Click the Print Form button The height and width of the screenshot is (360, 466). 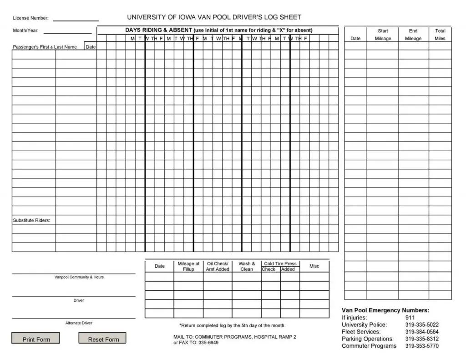[x=36, y=339]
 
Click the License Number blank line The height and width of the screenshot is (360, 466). [x=76, y=20]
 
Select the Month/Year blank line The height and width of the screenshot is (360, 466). [x=67, y=32]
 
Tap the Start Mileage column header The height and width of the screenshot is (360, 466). [x=383, y=35]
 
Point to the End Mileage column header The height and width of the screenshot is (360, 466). [x=413, y=35]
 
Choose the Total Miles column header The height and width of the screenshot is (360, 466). [x=440, y=35]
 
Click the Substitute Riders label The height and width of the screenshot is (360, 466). [x=31, y=220]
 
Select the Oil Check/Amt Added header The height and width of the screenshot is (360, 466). [x=218, y=266]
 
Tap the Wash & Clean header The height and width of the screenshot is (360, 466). [x=247, y=266]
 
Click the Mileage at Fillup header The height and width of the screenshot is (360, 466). [x=188, y=266]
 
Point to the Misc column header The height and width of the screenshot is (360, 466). [x=314, y=266]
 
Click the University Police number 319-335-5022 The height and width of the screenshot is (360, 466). [x=422, y=325]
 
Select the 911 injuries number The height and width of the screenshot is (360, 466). [x=410, y=318]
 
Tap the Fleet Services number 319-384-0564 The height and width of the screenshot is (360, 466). [x=422, y=332]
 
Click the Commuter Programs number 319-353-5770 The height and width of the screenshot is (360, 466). [x=422, y=346]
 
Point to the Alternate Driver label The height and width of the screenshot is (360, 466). [x=79, y=323]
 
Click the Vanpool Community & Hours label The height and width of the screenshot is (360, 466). [x=79, y=277]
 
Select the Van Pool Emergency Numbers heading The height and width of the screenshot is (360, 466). [x=385, y=310]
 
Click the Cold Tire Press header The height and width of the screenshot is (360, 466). [x=280, y=264]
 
